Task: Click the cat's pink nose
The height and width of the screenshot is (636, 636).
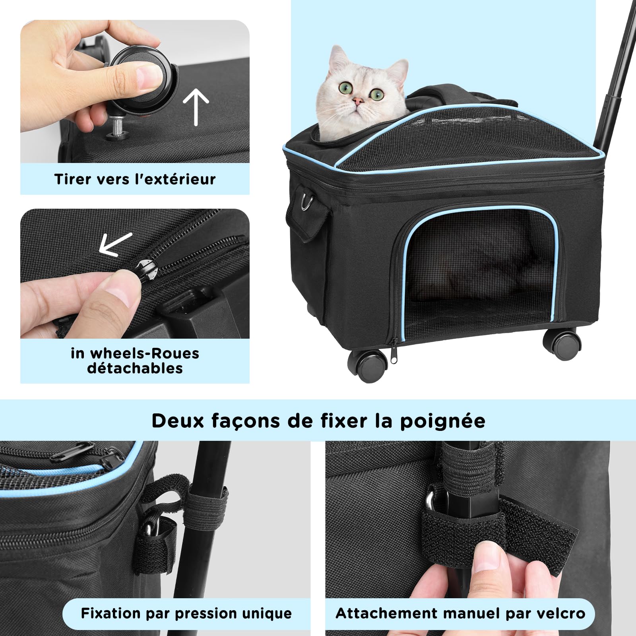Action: click(x=358, y=102)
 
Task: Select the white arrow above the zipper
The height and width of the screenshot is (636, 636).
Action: click(x=114, y=243)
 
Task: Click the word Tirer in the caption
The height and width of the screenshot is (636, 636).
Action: click(x=70, y=179)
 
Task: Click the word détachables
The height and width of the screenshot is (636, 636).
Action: click(x=135, y=368)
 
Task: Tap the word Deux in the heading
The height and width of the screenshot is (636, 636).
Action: click(x=177, y=421)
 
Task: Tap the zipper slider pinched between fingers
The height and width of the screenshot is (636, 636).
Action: click(x=148, y=268)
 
